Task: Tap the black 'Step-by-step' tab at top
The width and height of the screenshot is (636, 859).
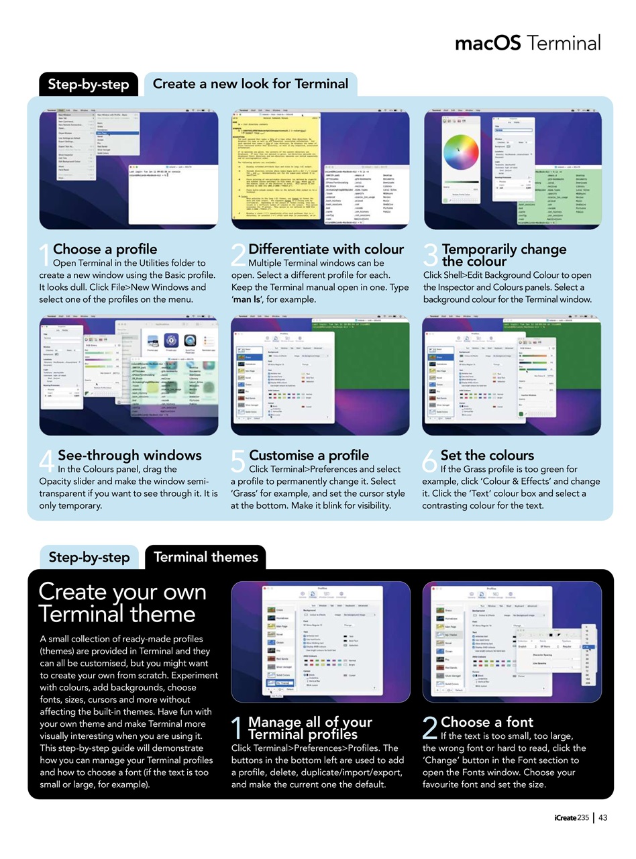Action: (89, 84)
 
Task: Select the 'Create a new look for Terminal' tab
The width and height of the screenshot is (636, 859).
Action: (250, 84)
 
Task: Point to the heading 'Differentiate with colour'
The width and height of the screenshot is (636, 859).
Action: (326, 250)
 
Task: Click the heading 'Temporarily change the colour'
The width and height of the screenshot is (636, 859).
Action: (504, 255)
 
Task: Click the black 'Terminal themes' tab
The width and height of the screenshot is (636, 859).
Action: (205, 557)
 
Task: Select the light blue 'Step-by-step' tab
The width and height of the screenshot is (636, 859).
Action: (89, 557)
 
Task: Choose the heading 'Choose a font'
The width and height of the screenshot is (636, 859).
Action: (486, 722)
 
